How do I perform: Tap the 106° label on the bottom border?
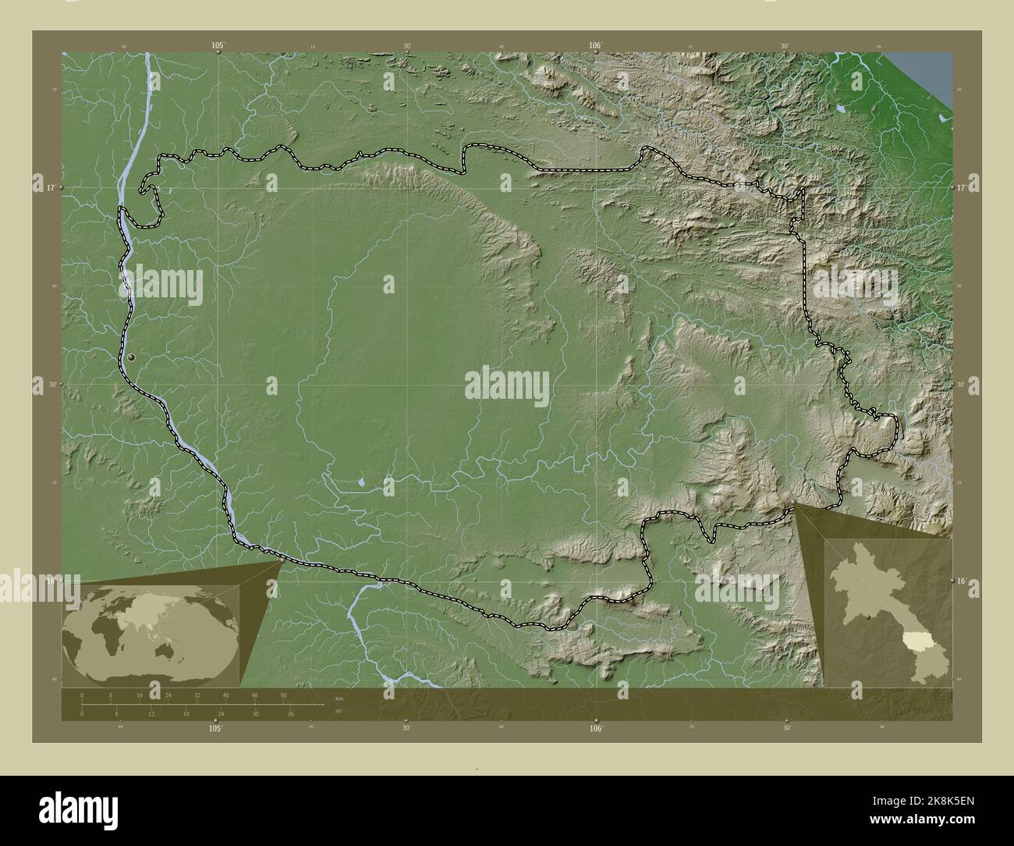tap(596, 728)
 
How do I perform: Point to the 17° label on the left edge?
tap(49, 188)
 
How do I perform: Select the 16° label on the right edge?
tap(963, 581)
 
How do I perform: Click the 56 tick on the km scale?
tap(283, 695)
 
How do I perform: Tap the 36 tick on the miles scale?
tap(290, 713)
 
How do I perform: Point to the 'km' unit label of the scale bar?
tap(339, 698)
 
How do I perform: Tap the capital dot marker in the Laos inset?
tap(868, 618)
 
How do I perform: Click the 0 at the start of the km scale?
tap(82, 695)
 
